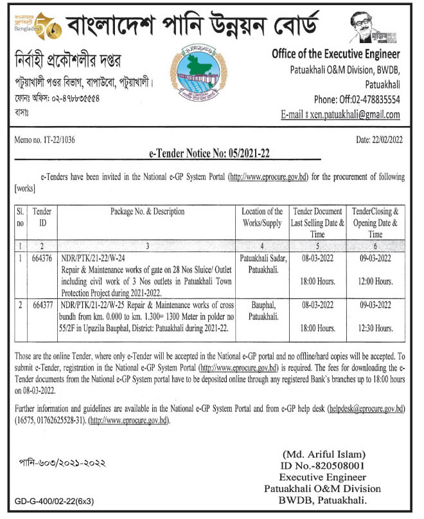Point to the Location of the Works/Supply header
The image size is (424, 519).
[261, 217]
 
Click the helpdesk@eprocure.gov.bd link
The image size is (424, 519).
[366, 409]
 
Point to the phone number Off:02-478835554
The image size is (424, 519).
[357, 100]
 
